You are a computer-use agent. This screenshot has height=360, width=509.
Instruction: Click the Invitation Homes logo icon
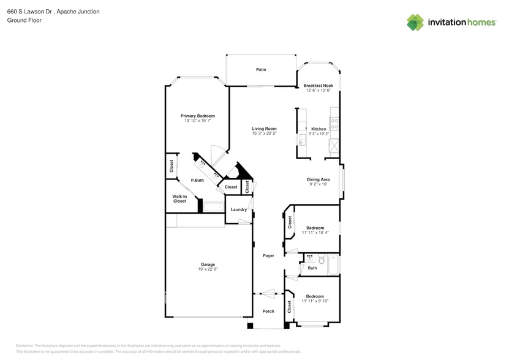pyautogui.click(x=415, y=22)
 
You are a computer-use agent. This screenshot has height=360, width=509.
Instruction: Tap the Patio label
pyautogui.click(x=261, y=70)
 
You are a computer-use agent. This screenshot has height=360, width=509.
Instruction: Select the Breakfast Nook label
pyautogui.click(x=318, y=86)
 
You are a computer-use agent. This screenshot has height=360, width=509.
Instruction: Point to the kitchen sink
pyautogui.click(x=301, y=140)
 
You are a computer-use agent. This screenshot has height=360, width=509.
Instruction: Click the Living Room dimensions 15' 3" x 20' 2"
pyautogui.click(x=265, y=133)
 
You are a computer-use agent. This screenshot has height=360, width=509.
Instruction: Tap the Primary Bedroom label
pyautogui.click(x=197, y=116)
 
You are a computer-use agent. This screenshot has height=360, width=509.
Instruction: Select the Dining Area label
pyautogui.click(x=318, y=179)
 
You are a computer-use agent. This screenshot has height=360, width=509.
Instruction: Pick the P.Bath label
pyautogui.click(x=197, y=180)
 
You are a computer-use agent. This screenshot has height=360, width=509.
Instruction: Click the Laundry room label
pyautogui.click(x=238, y=209)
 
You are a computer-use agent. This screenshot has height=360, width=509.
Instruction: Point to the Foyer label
pyautogui.click(x=268, y=255)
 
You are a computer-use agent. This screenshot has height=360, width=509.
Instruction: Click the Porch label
pyautogui.click(x=268, y=310)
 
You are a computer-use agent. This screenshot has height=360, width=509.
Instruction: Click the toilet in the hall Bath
pyautogui.click(x=311, y=259)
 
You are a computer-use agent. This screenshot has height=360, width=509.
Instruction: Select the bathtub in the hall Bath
pyautogui.click(x=334, y=264)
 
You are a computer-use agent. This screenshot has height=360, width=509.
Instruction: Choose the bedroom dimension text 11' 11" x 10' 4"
pyautogui.click(x=315, y=233)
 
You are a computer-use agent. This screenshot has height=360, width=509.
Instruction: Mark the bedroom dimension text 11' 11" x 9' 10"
pyautogui.click(x=315, y=301)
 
